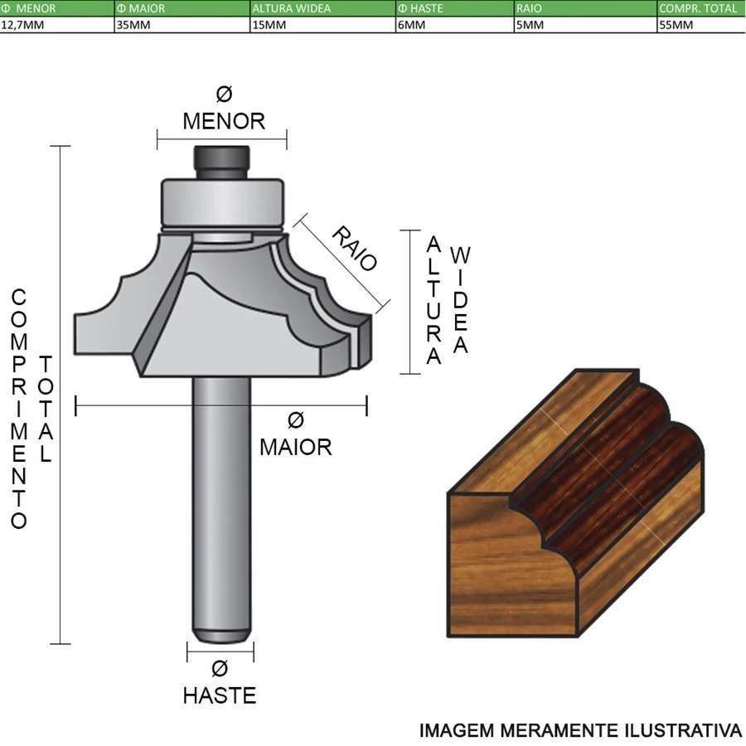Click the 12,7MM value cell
(x=22, y=25)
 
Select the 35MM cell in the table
(x=133, y=25)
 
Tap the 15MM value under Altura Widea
(x=269, y=25)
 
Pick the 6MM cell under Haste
(x=411, y=25)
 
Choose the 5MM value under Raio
(x=530, y=25)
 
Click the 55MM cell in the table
(x=676, y=25)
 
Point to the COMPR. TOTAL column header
(x=698, y=8)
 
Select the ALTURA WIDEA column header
(x=292, y=8)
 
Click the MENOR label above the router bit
(x=224, y=121)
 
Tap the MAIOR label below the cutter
(x=295, y=448)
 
